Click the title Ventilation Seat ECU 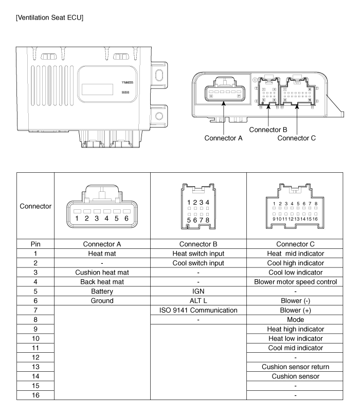click(49, 18)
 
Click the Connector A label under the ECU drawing click(223, 138)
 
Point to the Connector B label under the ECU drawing click(268, 130)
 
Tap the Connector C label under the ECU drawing click(297, 138)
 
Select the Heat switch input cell click(199, 254)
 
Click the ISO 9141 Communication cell click(199, 310)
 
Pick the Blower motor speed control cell click(296, 282)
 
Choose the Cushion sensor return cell click(296, 367)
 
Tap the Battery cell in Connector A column click(102, 292)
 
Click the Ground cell click(102, 301)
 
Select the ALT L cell click(199, 301)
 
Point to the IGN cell click(199, 292)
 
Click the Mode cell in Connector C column click(296, 320)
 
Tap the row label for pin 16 click(35, 395)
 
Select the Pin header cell click(35, 244)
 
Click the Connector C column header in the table click(296, 244)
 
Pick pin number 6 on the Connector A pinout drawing click(127, 219)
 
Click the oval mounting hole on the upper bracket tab click(159, 75)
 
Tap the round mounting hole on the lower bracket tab click(159, 116)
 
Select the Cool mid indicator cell click(296, 348)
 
